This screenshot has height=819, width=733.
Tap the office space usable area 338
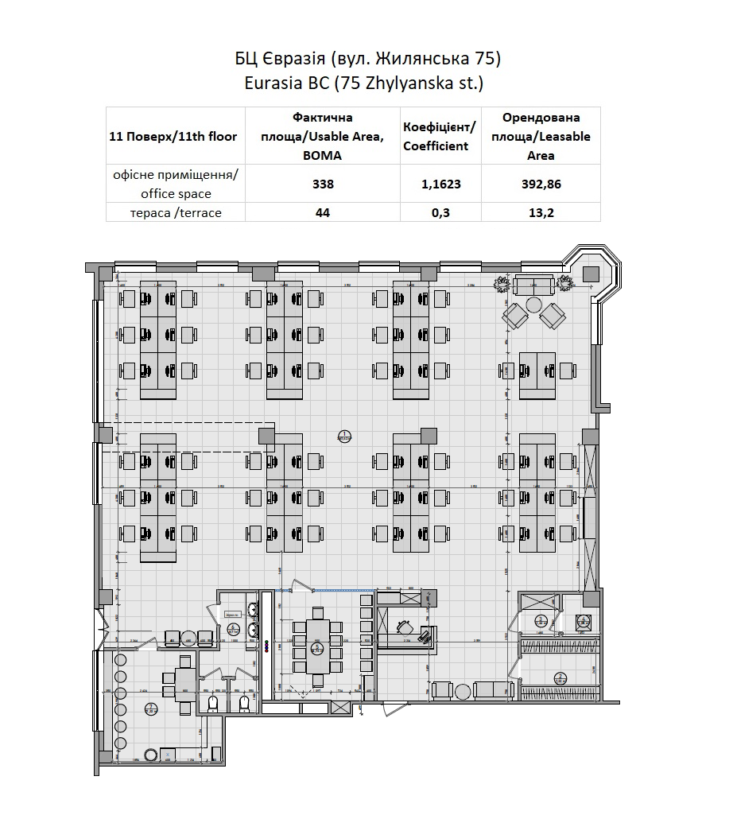pyautogui.click(x=322, y=184)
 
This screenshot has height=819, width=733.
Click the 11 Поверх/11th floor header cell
pyautogui.click(x=173, y=136)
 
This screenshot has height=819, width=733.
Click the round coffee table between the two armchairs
pyautogui.click(x=533, y=305)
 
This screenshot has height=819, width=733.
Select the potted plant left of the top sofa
pyautogui.click(x=502, y=284)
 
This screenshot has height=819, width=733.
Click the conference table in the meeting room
pyautogui.click(x=318, y=646)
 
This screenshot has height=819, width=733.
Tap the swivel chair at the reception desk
pyautogui.click(x=405, y=627)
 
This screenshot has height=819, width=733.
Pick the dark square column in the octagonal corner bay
pyautogui.click(x=590, y=274)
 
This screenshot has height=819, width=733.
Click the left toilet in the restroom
pyautogui.click(x=213, y=704)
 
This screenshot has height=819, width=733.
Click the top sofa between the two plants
pyautogui.click(x=534, y=284)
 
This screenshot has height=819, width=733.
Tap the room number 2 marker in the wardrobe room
pyautogui.click(x=560, y=677)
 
